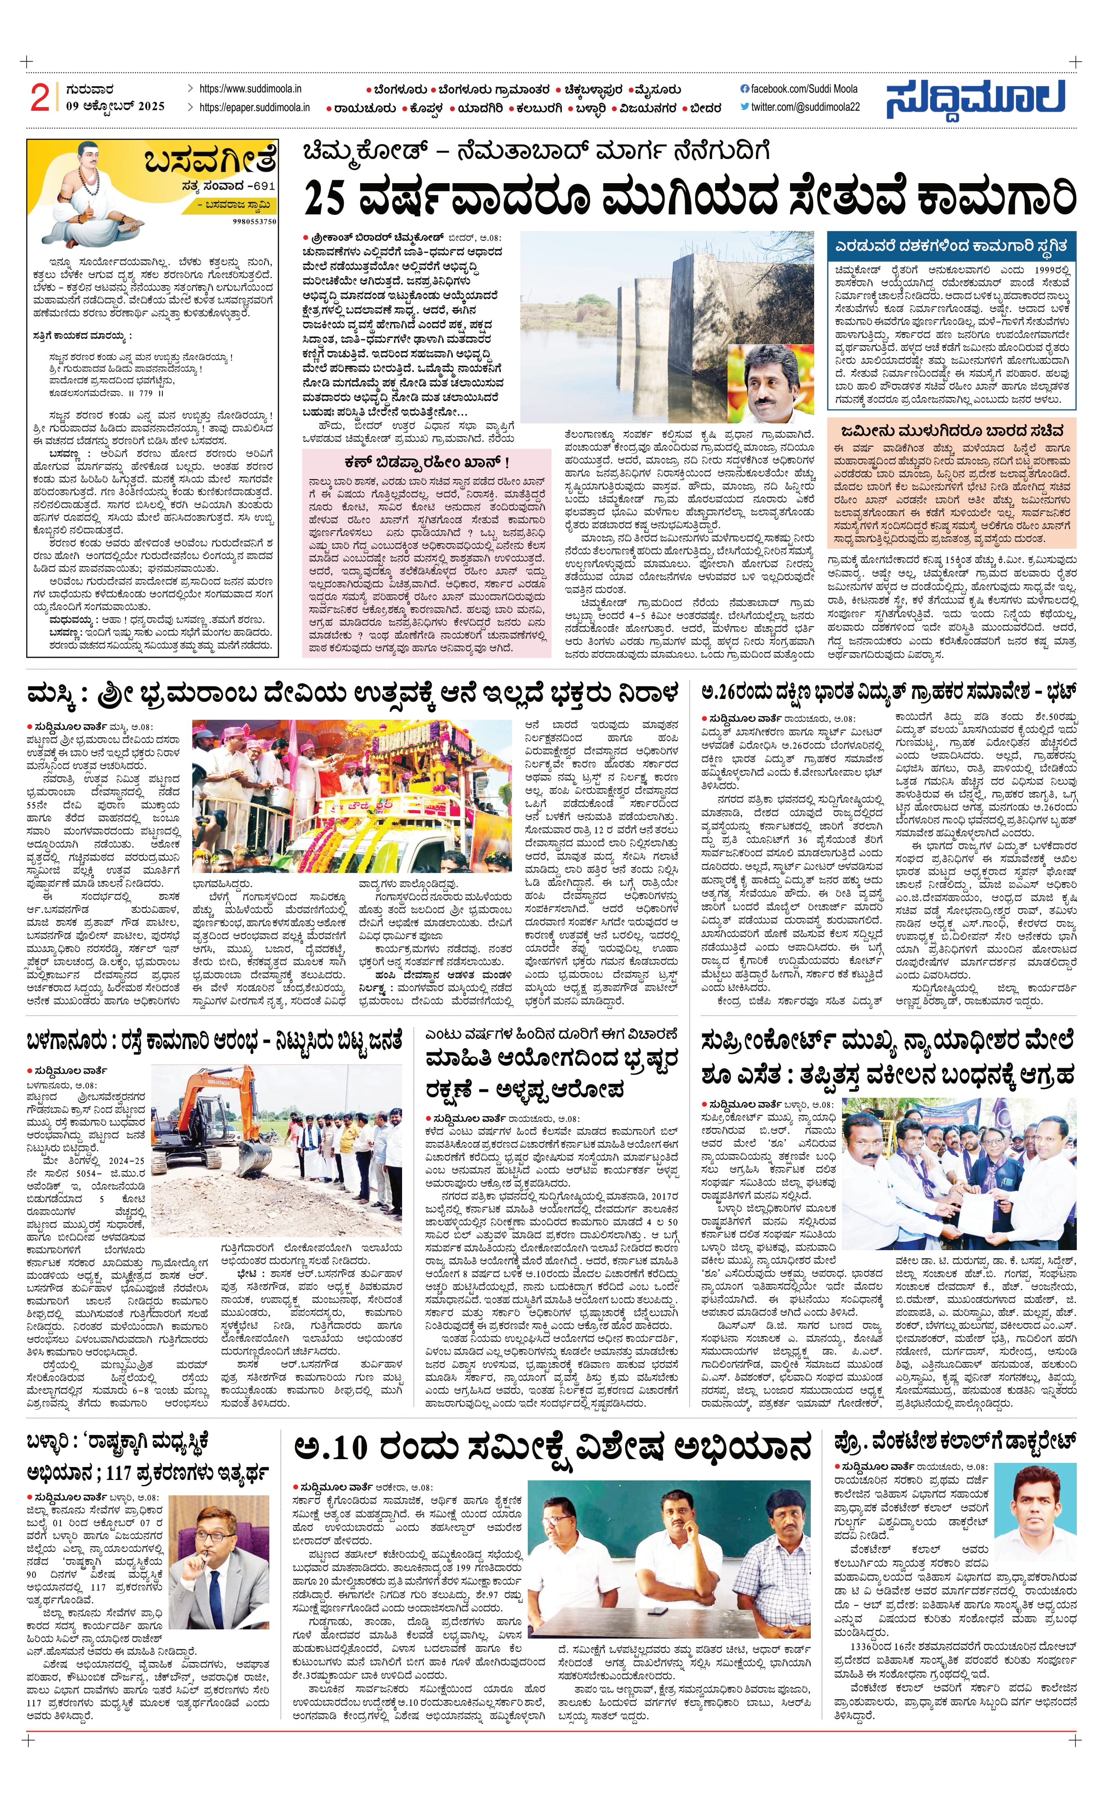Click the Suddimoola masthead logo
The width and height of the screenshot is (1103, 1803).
976,99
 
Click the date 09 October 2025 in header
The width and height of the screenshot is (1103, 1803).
115,106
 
